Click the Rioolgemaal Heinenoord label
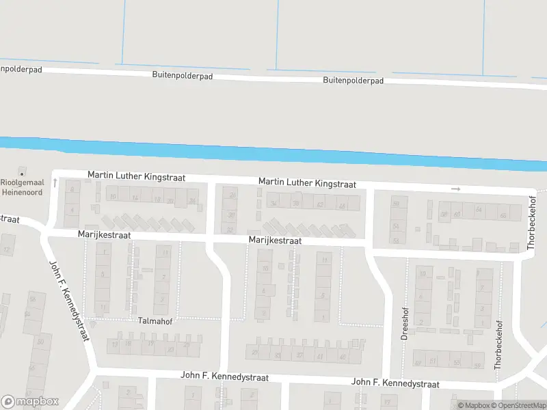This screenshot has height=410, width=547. (x=21, y=187)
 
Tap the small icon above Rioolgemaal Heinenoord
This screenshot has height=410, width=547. (x=22, y=170)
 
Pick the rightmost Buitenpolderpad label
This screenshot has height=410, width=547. (x=353, y=80)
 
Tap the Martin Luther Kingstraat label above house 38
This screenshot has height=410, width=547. (x=307, y=183)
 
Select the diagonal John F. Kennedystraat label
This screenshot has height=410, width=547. (x=70, y=301)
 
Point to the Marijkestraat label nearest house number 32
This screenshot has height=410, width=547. (x=275, y=241)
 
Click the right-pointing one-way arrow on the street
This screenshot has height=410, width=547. (x=456, y=189)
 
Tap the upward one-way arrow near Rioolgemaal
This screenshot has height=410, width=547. (x=54, y=183)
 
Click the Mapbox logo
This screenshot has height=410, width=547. (x=30, y=402)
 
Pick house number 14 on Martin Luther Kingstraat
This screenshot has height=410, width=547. (x=135, y=198)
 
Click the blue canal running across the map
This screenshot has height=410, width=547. (x=273, y=154)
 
